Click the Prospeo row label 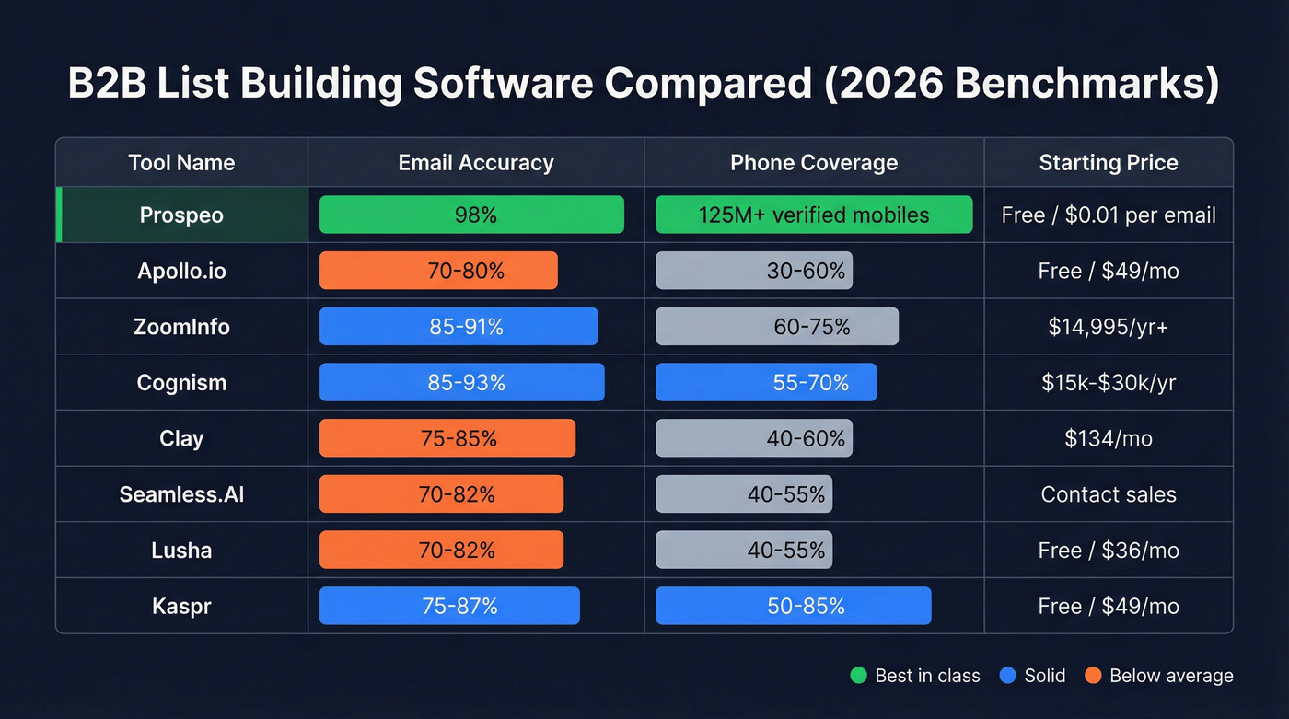coord(181,215)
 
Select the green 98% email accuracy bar coord(471,215)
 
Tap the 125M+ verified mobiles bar coord(814,215)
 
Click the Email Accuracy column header coord(476,163)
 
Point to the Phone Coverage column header coord(814,163)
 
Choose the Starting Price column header coord(1109,163)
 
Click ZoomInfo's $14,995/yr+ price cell coord(1109,327)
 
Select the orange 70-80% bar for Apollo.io coord(438,271)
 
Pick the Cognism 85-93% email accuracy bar coord(462,382)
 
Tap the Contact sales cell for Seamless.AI coord(1109,494)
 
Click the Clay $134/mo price coord(1109,438)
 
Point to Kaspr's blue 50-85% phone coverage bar coord(794,606)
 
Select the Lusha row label coord(181,551)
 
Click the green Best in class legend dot coord(858,676)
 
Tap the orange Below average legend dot coord(1093,676)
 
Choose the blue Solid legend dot coord(1007,676)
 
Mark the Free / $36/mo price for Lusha coord(1109,551)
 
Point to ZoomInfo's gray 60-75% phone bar coord(777,327)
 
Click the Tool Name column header coord(181,163)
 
